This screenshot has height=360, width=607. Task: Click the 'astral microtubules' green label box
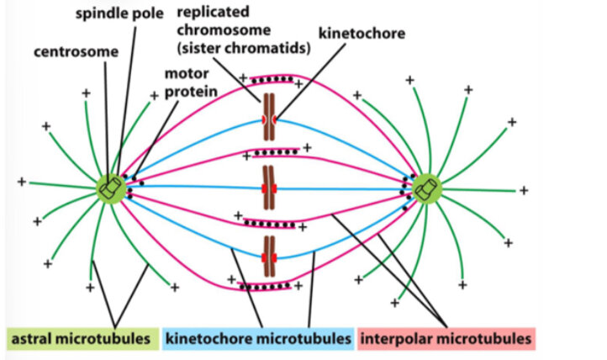(81, 339)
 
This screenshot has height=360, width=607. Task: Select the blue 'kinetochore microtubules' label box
(258, 339)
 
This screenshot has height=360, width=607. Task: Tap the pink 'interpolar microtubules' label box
(446, 339)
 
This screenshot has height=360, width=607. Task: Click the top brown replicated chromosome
(269, 118)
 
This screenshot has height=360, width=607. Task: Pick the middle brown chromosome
(269, 186)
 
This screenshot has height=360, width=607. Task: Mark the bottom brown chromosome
(269, 256)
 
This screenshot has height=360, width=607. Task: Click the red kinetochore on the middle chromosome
(269, 186)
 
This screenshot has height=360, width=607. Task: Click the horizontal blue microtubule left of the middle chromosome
(193, 186)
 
